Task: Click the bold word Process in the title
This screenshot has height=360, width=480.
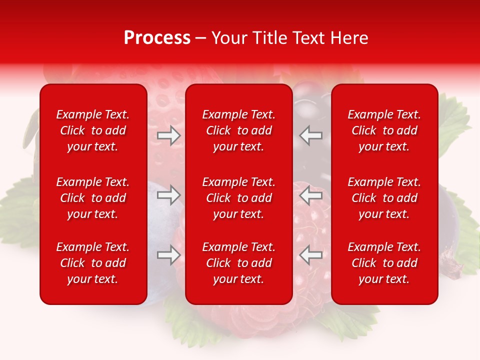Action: pos(157,38)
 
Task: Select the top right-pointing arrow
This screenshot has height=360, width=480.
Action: pos(168,135)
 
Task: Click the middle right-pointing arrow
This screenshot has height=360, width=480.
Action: pos(168,195)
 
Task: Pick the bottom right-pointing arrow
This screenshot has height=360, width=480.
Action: pos(168,255)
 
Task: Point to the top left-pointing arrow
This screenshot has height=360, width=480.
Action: pos(311,135)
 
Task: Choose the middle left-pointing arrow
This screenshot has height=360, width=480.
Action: pos(311,195)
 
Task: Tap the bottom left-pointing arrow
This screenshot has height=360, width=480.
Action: pos(311,255)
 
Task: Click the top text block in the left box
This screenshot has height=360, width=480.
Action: pos(93,130)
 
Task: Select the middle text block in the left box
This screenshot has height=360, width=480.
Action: pos(93,198)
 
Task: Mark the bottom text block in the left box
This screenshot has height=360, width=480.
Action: pos(93,263)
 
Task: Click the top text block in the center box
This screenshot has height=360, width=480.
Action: pos(239,130)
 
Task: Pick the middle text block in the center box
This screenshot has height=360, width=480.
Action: pos(239,198)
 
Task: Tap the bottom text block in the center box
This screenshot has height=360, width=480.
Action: pos(239,263)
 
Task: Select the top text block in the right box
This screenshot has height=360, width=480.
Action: pos(384,130)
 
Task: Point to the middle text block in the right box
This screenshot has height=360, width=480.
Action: pos(384,198)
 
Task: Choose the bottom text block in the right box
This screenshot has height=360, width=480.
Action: pos(384,263)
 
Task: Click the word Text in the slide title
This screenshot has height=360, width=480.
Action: pos(310,38)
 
